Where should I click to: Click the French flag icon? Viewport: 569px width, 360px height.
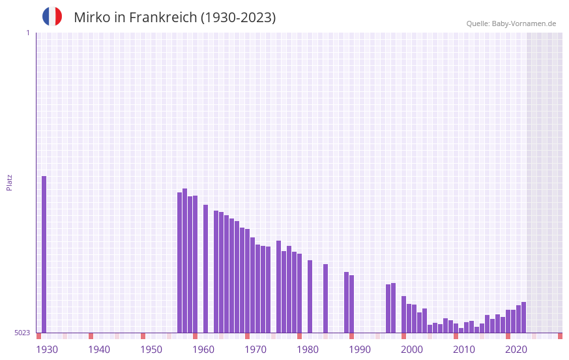click(52, 16)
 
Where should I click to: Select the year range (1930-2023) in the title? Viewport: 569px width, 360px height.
click(238, 18)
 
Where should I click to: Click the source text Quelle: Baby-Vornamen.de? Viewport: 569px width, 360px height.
click(511, 23)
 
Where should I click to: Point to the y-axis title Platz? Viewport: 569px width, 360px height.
click(9, 182)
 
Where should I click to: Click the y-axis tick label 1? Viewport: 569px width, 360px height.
click(27, 33)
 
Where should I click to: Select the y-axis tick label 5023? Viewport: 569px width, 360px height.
click(22, 333)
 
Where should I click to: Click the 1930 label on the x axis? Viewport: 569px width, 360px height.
click(47, 350)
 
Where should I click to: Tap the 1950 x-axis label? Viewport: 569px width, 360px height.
click(151, 350)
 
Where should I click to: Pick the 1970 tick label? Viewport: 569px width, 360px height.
click(255, 350)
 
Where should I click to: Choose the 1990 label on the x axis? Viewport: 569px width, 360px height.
click(360, 350)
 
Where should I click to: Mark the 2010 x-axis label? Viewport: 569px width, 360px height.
click(464, 350)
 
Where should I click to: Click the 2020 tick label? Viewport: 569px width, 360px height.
click(516, 350)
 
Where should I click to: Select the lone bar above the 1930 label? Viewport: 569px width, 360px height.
click(44, 254)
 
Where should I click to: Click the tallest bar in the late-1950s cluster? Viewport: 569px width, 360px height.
click(185, 261)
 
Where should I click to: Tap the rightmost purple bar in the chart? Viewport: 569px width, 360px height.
click(523, 318)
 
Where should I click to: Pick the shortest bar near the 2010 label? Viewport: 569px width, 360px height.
click(461, 330)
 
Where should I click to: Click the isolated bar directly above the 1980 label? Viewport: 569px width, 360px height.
click(310, 297)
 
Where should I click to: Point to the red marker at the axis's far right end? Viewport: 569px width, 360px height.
click(560, 336)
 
